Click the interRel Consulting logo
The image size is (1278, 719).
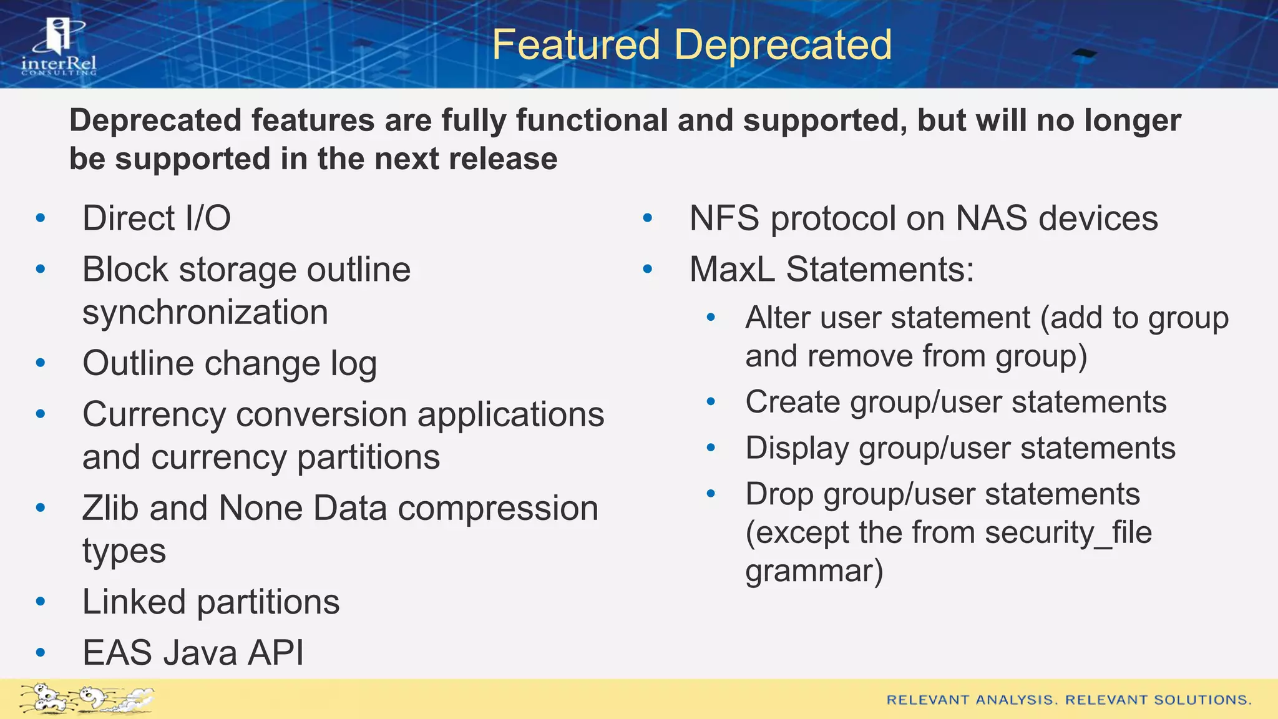[59, 47]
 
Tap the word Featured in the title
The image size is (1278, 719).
[575, 45]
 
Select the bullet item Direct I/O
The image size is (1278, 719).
[156, 218]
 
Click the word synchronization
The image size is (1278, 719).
[205, 312]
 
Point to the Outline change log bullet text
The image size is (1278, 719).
[229, 363]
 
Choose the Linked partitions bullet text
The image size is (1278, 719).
[210, 602]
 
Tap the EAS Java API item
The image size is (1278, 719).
[193, 653]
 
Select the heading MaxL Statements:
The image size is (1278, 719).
[831, 270]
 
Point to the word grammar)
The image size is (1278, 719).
[814, 571]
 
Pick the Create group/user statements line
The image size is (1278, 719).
[955, 402]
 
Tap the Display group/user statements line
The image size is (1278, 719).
[960, 448]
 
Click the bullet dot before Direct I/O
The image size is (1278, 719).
[41, 218]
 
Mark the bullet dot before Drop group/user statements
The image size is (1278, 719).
[711, 494]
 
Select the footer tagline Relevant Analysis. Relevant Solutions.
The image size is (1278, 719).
[1068, 700]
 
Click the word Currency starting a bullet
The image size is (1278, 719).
[154, 414]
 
